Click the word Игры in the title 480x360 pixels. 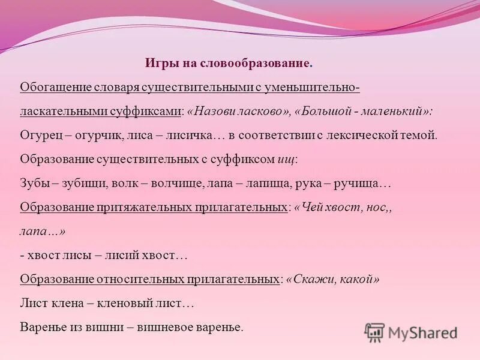(158, 63)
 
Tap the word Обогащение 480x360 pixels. (55, 88)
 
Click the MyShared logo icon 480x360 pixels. (374, 332)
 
